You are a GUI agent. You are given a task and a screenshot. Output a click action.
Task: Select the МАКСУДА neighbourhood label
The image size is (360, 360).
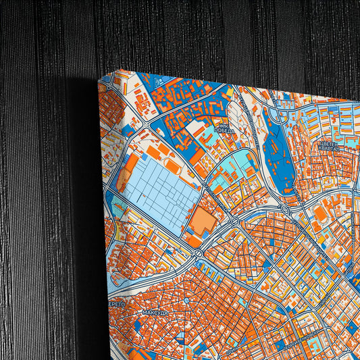coord(155,313)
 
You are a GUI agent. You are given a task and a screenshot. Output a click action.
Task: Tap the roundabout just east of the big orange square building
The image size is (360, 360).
coord(234,220)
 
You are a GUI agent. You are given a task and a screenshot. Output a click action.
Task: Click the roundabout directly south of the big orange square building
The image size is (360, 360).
coord(199,253)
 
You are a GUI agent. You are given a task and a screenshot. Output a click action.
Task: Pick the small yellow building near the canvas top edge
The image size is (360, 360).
coord(230,89)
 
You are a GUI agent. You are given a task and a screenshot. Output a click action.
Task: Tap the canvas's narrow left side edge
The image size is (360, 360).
coord(102,216)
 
